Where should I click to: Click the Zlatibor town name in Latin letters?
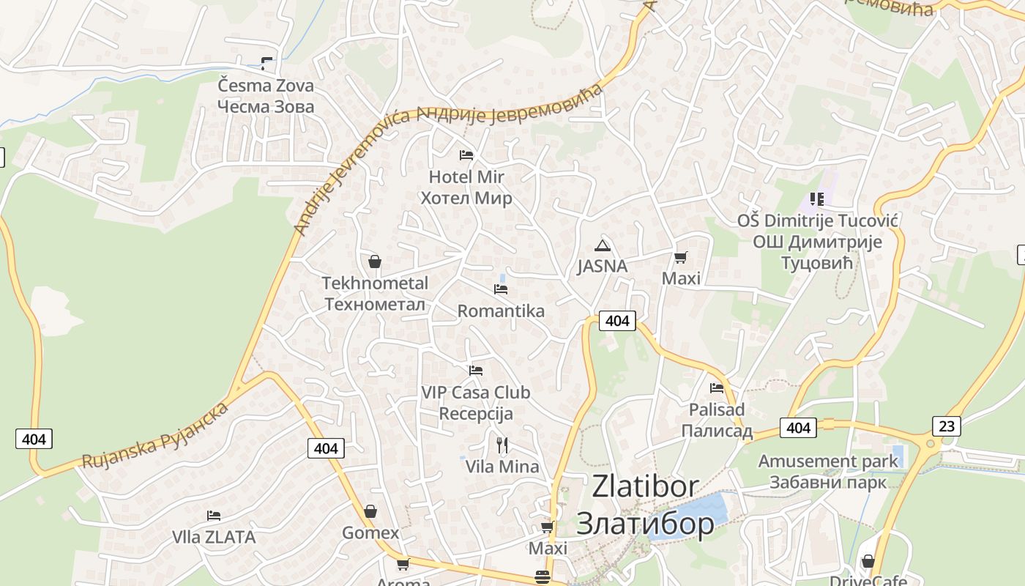[x=645, y=486]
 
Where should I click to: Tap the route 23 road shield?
[x=946, y=426]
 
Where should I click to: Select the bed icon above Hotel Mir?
[x=466, y=155]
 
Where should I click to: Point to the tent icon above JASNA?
[x=602, y=245]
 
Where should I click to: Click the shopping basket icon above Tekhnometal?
[x=374, y=262]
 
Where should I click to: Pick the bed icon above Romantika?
[x=501, y=289]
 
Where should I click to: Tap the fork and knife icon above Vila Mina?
[x=502, y=445]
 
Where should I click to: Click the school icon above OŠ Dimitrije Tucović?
[x=817, y=199]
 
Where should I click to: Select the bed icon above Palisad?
[x=717, y=387]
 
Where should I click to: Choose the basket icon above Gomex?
[x=370, y=511]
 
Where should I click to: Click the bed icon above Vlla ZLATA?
[x=214, y=516]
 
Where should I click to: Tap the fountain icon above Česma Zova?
[x=266, y=64]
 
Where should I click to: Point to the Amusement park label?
[x=827, y=461]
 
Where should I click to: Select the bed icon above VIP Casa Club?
[x=476, y=371]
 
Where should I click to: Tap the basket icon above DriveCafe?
[x=868, y=562]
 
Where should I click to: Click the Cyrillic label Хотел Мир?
[x=466, y=198]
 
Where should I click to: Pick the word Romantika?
[x=501, y=311]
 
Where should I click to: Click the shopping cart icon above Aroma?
[x=403, y=564]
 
